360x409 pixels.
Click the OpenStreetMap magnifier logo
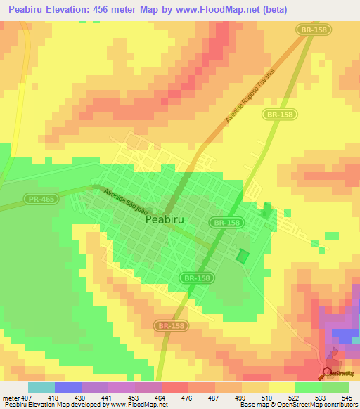click(327, 373)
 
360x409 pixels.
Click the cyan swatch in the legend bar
click(41, 387)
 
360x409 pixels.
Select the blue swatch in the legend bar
click(68, 387)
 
